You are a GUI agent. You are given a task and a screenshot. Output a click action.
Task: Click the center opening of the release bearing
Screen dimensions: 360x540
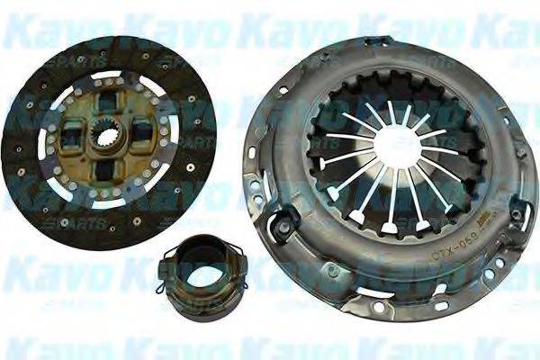pos(190,266)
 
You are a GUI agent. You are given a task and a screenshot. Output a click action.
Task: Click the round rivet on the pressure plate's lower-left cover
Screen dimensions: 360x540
pos(331,270)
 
